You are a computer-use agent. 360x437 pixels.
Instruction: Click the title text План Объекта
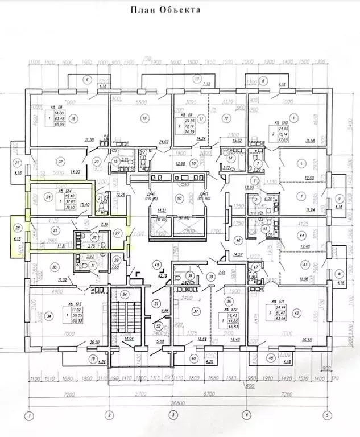pos(165,10)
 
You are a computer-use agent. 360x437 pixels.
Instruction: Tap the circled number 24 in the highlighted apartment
pos(49,197)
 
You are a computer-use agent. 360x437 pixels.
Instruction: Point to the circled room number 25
pos(55,230)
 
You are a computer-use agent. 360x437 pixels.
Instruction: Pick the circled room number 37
pos(197,311)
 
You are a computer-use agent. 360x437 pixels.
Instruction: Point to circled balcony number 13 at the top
pos(197,78)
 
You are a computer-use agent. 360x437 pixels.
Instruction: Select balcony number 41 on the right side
pos(339,273)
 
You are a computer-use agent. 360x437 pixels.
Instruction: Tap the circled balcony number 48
pos(271,358)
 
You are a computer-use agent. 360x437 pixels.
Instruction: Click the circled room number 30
pos(55,266)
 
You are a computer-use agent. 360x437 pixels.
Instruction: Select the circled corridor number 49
pos(157,265)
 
